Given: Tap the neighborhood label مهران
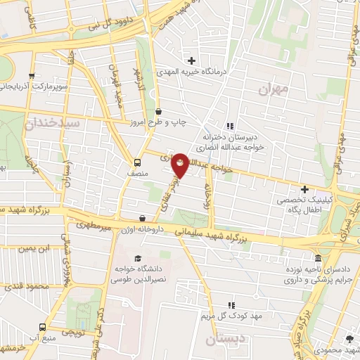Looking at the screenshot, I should tap(273, 89).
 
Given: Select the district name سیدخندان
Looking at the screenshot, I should tap(54, 122).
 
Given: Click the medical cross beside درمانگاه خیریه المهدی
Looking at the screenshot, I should tap(191, 61).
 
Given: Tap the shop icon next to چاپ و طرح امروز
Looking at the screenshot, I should tap(157, 111).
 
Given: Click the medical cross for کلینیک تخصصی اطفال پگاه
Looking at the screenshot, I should tap(304, 189).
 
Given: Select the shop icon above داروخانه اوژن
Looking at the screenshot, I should tap(143, 219).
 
